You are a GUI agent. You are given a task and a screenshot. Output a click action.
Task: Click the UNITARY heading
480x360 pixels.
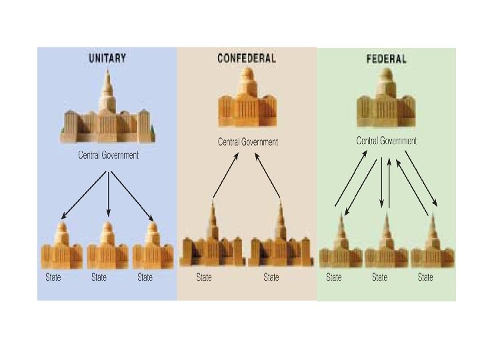coord(107,58)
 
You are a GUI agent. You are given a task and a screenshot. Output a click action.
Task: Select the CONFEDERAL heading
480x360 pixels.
coord(246,58)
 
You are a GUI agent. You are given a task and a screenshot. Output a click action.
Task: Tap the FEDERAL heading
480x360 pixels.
coord(386,59)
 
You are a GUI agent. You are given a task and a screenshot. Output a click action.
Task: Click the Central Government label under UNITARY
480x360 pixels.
coord(108,155)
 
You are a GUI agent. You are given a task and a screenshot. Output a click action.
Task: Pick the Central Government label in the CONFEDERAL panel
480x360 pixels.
coord(247,141)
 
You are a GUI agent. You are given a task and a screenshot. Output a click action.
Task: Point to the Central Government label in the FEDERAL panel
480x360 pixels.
coord(387,141)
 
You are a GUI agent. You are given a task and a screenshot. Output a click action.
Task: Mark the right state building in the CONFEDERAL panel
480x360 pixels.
coord(280,239)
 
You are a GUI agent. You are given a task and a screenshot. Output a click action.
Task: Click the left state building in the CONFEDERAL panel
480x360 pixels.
coord(213,239)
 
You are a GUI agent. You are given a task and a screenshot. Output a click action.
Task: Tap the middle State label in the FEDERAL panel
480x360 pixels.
coord(379,277)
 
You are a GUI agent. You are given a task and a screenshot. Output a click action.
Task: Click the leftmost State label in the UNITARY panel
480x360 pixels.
coord(53,277)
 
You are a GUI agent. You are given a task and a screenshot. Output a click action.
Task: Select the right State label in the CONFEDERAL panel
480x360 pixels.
coord(271,277)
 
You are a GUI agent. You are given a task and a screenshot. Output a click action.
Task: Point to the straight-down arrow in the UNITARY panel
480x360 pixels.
coord(108,193)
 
